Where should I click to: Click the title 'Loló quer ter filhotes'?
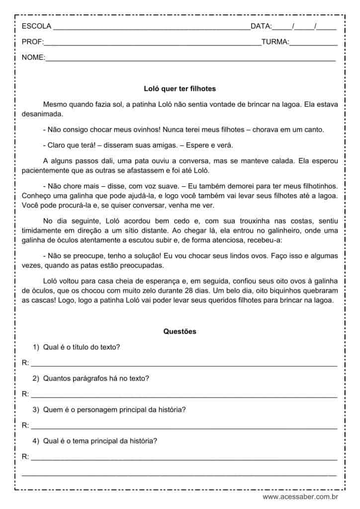pyautogui.click(x=180, y=88)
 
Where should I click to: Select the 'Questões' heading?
pyautogui.click(x=180, y=332)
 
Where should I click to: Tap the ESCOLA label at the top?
pyautogui.click(x=35, y=26)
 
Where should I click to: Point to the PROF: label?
pyautogui.click(x=33, y=42)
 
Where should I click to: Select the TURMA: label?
pyautogui.click(x=275, y=42)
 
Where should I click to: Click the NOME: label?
pyautogui.click(x=33, y=58)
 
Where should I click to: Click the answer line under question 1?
pyautogui.click(x=184, y=365)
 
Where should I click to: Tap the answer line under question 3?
pyautogui.click(x=184, y=427)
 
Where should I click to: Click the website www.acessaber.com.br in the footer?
pyautogui.click(x=300, y=497)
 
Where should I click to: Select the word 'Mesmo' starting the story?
pyautogui.click(x=54, y=104)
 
